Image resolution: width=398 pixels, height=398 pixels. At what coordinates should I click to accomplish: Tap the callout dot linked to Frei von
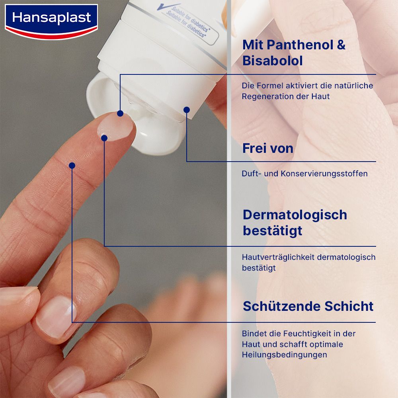coord(187,109)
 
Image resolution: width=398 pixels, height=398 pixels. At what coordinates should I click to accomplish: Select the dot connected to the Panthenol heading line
coord(120,113)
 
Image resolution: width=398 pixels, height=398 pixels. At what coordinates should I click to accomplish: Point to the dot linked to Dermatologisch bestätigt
coord(104,138)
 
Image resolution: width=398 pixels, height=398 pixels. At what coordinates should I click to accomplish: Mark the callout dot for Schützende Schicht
coord(72,165)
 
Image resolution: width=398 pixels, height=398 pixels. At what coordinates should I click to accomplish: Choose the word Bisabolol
coord(273,61)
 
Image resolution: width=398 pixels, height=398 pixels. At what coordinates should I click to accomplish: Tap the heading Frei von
coord(268,148)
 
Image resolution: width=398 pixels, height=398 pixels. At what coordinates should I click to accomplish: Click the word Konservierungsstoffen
coord(324,174)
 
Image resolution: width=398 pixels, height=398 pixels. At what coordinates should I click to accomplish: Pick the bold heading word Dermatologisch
coord(295,215)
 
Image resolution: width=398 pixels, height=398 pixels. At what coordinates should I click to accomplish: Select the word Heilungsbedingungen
coord(284,355)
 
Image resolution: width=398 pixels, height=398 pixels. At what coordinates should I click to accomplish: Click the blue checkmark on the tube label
coord(162,7)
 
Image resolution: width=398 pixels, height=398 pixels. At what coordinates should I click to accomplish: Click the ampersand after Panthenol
coord(341,45)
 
